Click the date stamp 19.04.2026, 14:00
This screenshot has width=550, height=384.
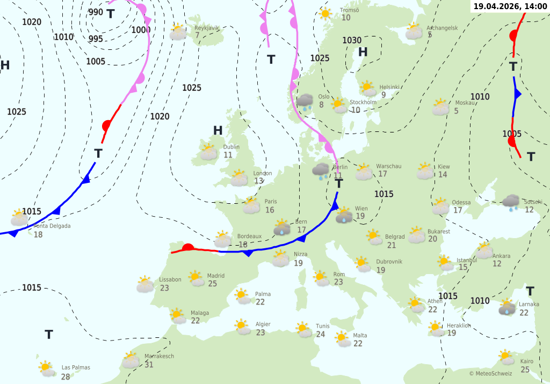[511, 6]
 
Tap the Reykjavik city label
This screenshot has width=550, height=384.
[207, 28]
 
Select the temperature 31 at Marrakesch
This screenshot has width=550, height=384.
[149, 365]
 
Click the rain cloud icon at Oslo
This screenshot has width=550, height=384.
[306, 102]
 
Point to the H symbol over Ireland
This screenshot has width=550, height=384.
[218, 130]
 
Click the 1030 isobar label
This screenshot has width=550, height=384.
[352, 40]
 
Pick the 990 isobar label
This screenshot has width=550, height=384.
[96, 12]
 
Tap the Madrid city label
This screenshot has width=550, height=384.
[216, 276]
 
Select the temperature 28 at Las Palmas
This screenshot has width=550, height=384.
[66, 376]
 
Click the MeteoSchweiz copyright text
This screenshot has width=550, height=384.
[490, 373]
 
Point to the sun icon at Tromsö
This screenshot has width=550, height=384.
[325, 14]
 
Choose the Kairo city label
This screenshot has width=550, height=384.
[526, 361]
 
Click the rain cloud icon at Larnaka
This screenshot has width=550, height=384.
[506, 307]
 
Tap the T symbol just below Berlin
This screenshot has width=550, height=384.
[339, 184]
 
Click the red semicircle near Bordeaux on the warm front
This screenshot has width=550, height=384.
[188, 248]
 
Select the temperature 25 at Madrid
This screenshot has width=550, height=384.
[212, 284]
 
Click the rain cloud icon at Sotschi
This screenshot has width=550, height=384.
[511, 202]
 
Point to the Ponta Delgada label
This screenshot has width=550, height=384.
[52, 226]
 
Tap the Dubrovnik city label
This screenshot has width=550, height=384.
[389, 262]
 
